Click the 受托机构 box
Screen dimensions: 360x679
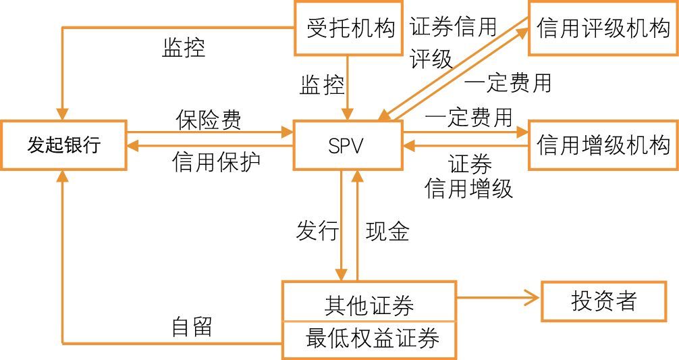(350, 28)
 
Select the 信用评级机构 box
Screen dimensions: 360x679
(603, 28)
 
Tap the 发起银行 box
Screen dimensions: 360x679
(63, 145)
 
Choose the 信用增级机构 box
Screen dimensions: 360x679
(603, 145)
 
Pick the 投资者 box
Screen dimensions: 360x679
(603, 301)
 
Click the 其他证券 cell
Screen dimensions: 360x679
(369, 305)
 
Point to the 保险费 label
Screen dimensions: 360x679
(209, 120)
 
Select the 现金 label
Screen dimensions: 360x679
(387, 231)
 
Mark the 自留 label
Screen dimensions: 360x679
(192, 327)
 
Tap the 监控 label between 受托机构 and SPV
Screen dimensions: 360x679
(321, 85)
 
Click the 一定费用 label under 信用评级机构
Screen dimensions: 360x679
(508, 82)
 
